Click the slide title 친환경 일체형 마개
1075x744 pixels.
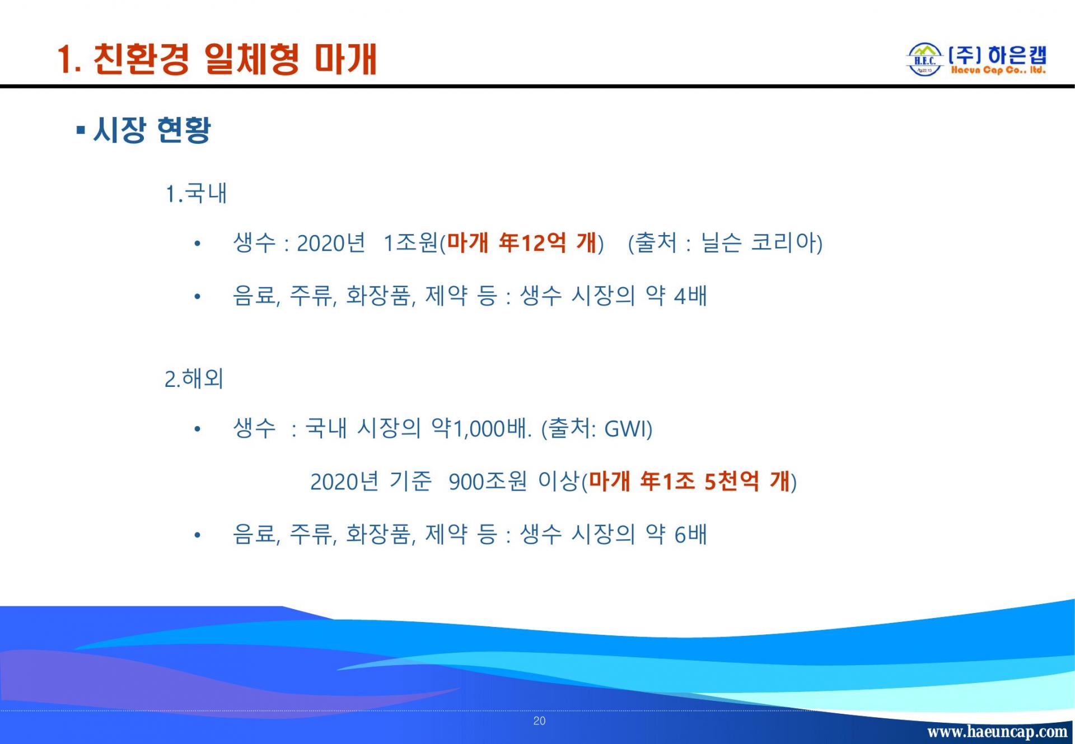[x=235, y=59]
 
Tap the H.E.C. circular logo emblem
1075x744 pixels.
[x=924, y=59]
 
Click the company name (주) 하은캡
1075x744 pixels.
[x=997, y=55]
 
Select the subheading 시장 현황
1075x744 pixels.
[x=152, y=130]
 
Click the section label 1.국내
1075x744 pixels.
[x=196, y=194]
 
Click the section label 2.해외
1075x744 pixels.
[x=194, y=379]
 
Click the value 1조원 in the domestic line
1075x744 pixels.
[x=410, y=243]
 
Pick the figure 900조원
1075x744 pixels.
[x=488, y=481]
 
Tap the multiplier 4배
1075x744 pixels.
[x=690, y=296]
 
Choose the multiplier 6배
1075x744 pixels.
[x=690, y=534]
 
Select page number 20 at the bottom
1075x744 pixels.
[x=539, y=721]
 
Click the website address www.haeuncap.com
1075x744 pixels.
[x=997, y=732]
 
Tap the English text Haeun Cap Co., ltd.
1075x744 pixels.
[x=998, y=71]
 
